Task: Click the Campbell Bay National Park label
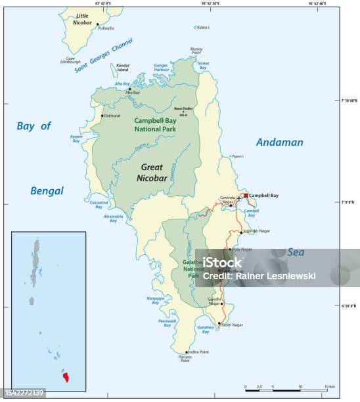(158, 125)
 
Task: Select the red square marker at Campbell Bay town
(246, 195)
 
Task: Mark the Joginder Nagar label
(257, 232)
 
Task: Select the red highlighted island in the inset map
(64, 376)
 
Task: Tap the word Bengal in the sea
(47, 191)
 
